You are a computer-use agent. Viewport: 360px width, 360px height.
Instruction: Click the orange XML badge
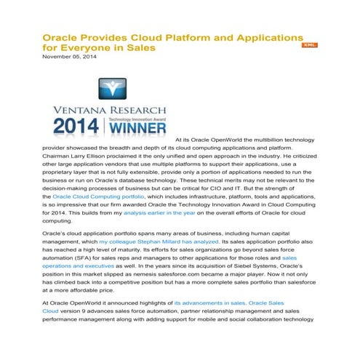[x=309, y=44]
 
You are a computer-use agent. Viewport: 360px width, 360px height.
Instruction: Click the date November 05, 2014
[x=69, y=57]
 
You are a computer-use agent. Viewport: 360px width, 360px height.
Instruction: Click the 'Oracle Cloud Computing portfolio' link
[x=98, y=196]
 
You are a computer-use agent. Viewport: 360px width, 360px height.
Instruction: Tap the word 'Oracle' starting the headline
[x=60, y=36]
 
